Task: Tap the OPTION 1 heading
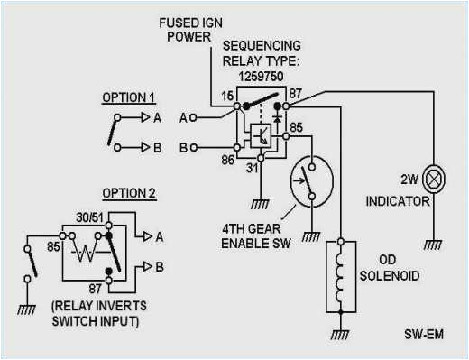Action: pos(129,97)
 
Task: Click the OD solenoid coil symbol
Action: pos(340,274)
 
